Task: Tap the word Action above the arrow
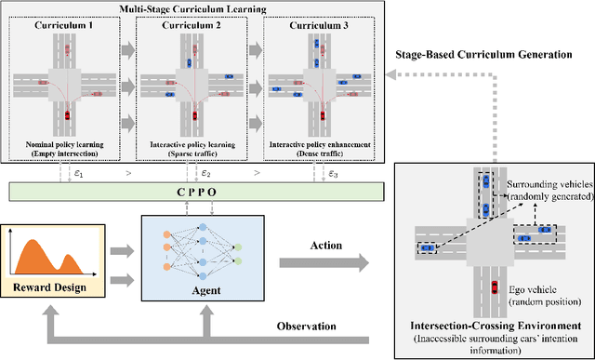pos(328,247)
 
